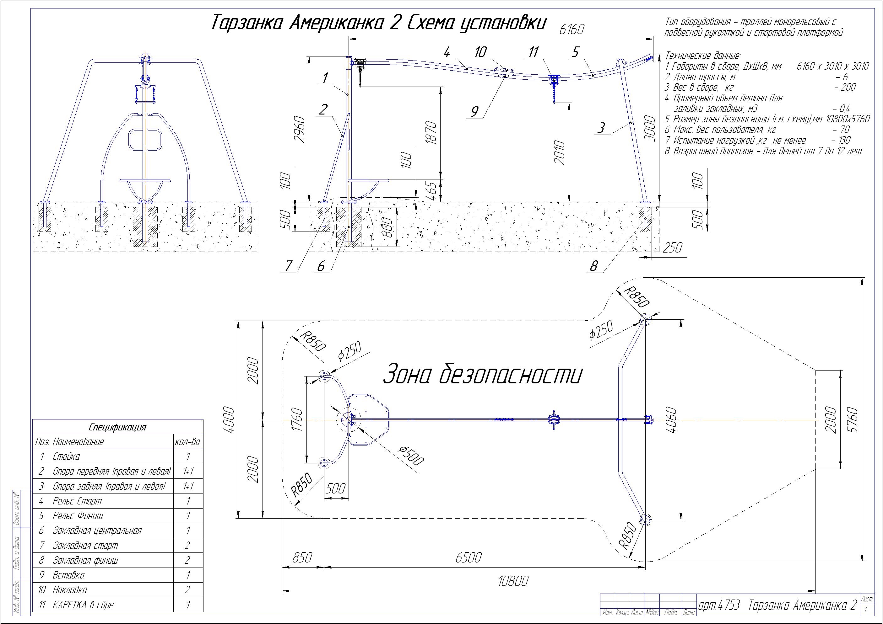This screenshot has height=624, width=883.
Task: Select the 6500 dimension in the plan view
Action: tap(468, 557)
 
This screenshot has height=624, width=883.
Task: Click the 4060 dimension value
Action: tap(671, 420)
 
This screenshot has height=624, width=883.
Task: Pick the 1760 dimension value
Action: tap(298, 420)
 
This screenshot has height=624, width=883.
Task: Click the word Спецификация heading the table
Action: tap(117, 427)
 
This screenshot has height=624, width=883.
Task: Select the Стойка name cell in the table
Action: tap(66, 456)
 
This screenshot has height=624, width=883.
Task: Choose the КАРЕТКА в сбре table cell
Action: tap(83, 605)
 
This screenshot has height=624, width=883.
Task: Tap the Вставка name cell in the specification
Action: tap(68, 575)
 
